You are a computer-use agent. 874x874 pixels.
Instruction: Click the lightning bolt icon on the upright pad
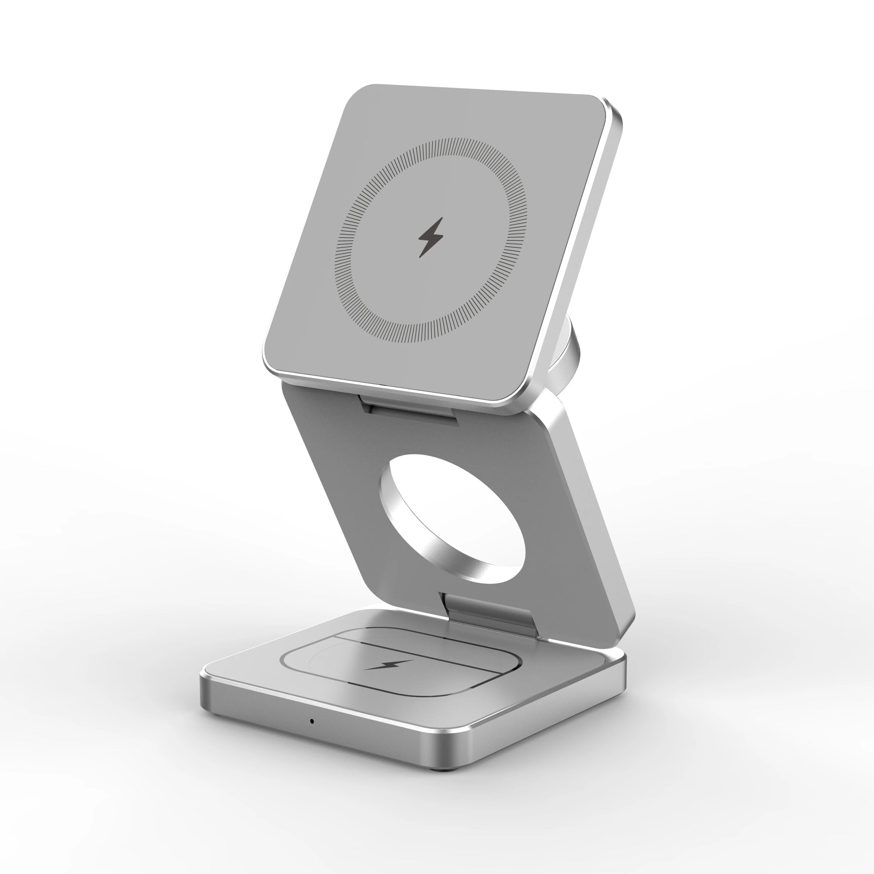[x=430, y=238]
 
